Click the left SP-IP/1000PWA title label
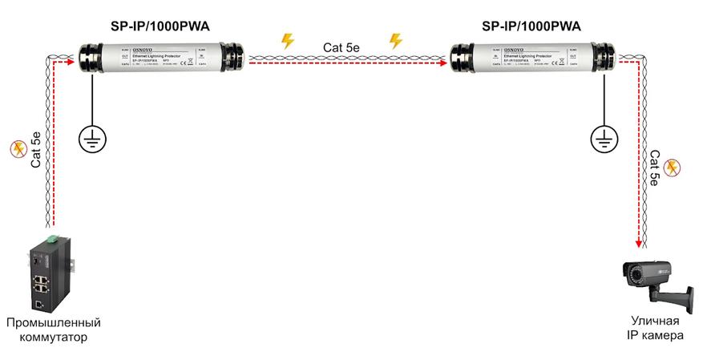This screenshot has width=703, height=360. tap(156, 26)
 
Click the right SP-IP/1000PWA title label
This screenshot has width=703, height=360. tap(531, 26)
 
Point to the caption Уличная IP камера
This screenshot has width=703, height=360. tap(656, 329)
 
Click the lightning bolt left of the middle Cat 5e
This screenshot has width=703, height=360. tap(286, 40)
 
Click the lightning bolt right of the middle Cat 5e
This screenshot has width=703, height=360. tap(394, 40)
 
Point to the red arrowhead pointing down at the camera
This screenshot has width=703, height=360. tap(638, 243)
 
